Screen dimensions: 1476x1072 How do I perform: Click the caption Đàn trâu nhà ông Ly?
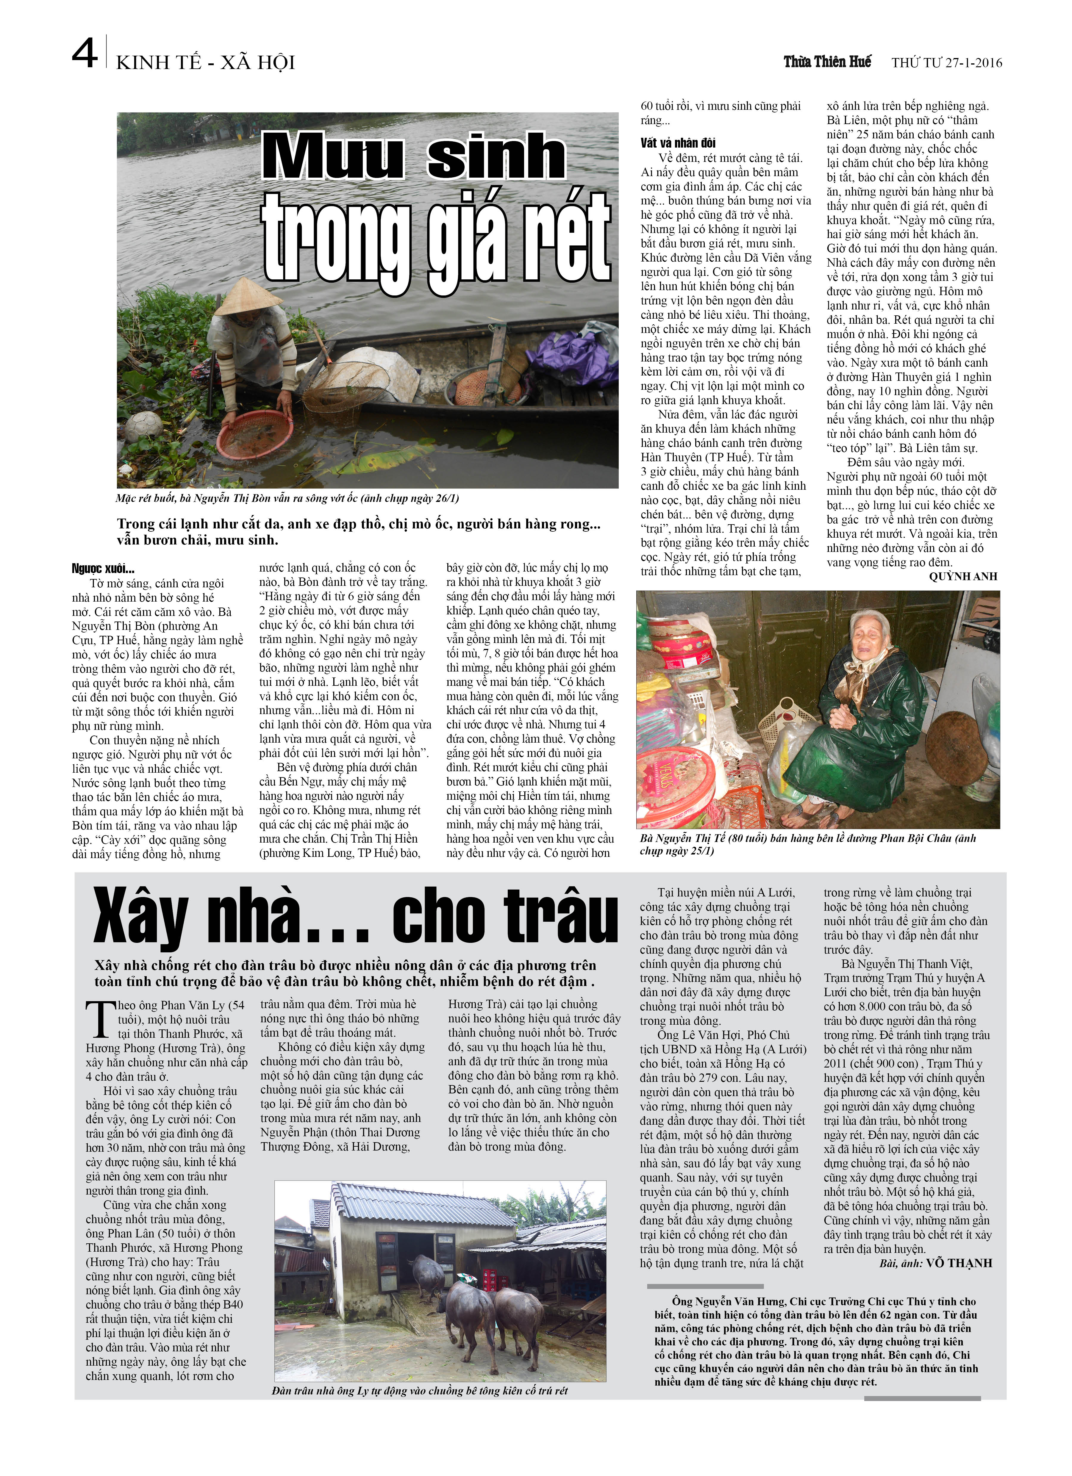point(420,1391)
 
